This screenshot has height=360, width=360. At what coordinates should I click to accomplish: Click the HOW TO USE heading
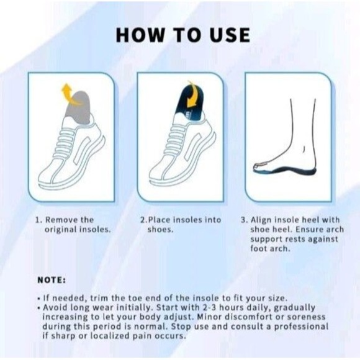(x=182, y=35)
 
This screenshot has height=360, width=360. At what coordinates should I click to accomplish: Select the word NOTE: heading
(x=53, y=280)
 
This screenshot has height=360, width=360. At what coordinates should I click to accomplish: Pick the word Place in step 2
(x=160, y=220)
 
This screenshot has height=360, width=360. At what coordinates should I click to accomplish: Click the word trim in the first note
(x=91, y=297)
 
